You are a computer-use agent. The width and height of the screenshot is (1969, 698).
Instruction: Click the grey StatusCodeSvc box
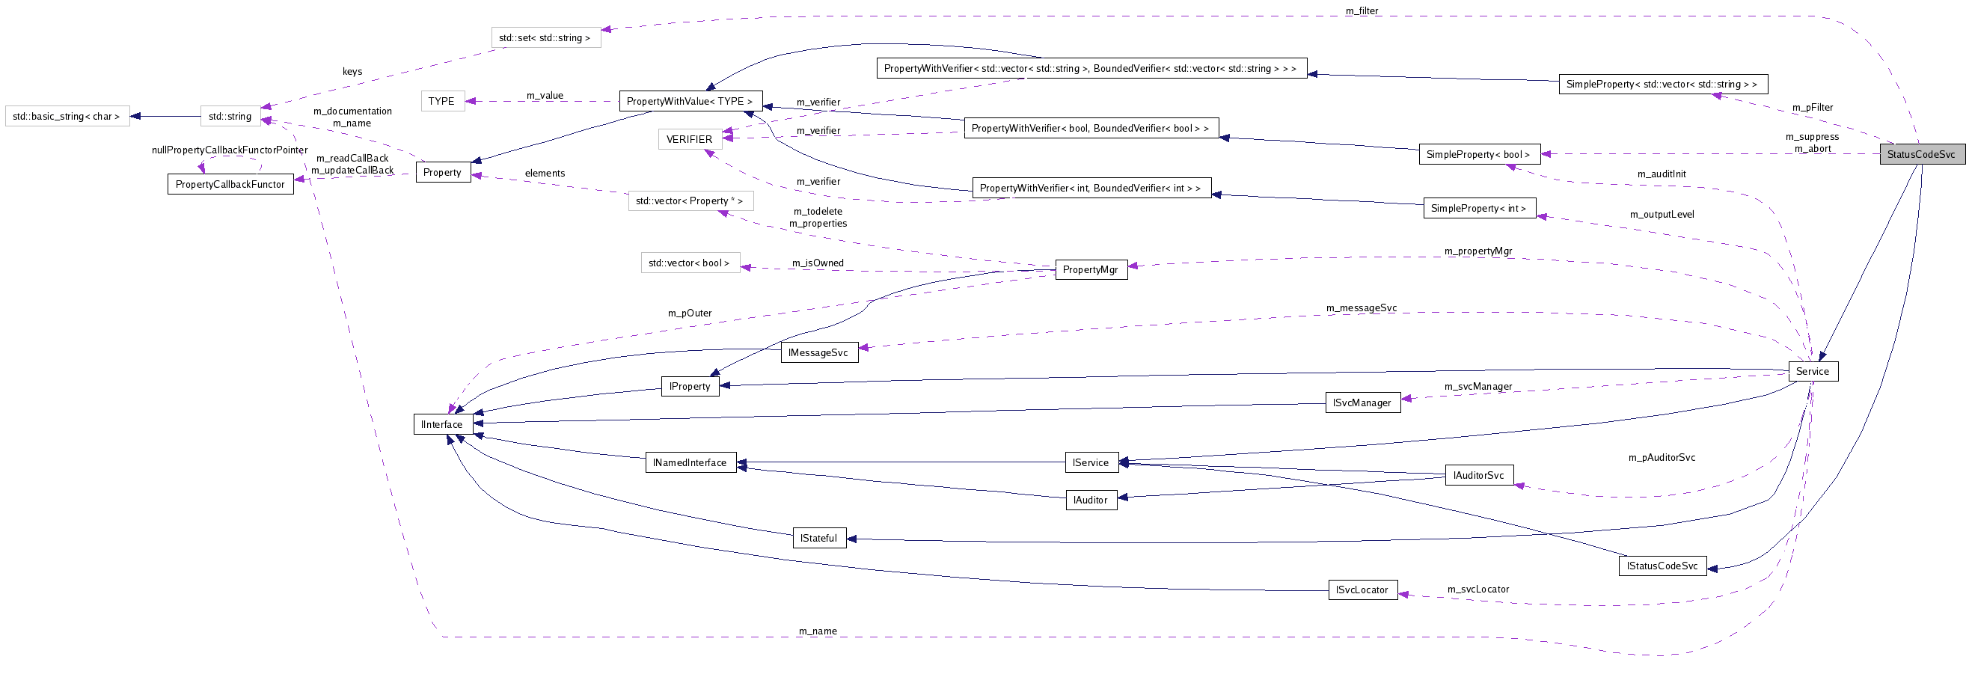[1921, 154]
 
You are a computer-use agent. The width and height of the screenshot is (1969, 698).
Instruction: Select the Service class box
[1813, 372]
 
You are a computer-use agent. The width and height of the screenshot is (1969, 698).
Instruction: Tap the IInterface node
[442, 424]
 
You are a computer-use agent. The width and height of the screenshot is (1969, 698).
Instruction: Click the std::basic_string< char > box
[67, 116]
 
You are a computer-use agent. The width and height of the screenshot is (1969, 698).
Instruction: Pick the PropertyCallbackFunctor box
[230, 184]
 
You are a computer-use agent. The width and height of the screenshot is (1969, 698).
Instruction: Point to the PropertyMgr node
[1090, 269]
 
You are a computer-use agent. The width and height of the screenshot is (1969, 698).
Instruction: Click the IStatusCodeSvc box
[1662, 566]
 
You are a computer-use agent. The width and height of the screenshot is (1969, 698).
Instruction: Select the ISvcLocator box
[1362, 590]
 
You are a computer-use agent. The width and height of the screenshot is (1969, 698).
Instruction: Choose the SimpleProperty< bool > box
[1477, 154]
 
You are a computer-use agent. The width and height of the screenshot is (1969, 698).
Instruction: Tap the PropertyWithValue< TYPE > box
[690, 101]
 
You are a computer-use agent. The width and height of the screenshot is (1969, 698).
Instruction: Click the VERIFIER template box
[689, 139]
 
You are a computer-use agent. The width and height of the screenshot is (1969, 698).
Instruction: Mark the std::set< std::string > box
[544, 37]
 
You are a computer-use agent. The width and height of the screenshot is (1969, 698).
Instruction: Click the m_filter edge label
[1362, 10]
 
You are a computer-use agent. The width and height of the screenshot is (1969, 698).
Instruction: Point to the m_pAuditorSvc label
[1661, 457]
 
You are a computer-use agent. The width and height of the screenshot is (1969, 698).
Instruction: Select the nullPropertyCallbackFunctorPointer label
[230, 150]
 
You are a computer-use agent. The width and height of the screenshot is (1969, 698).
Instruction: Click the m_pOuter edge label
[690, 313]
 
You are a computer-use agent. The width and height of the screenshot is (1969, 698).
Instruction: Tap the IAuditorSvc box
[1478, 476]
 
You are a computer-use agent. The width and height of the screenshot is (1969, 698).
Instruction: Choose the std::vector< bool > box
[689, 263]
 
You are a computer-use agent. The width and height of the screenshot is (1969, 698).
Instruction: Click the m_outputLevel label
[1662, 214]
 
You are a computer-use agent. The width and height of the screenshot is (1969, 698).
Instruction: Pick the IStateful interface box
[818, 538]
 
